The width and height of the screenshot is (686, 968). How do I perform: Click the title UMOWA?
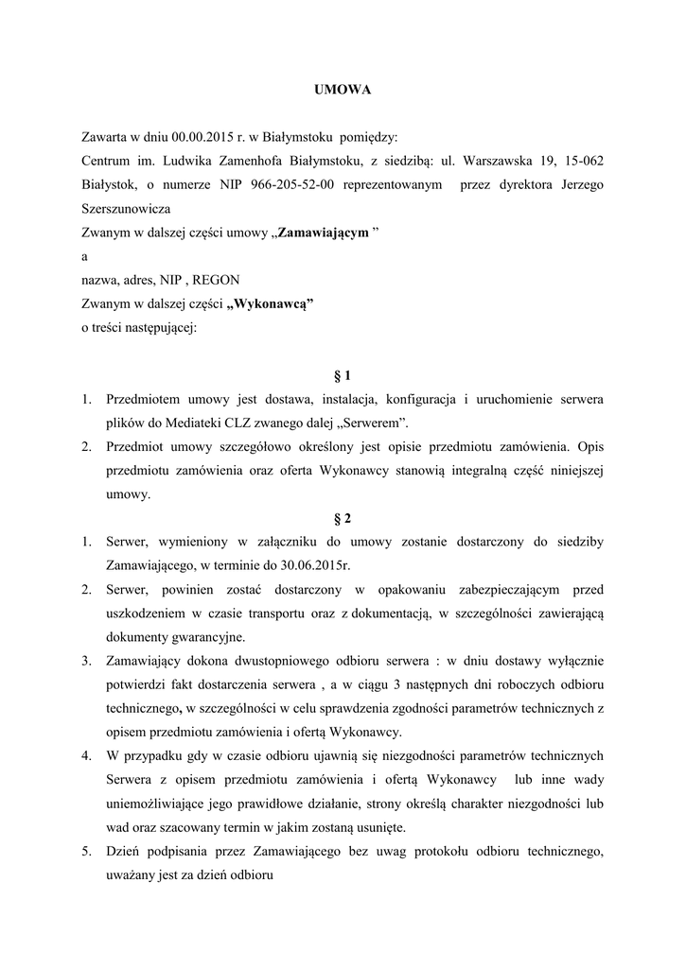(343, 90)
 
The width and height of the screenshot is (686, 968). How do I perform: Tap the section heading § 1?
(343, 375)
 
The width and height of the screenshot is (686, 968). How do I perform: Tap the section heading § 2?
(343, 517)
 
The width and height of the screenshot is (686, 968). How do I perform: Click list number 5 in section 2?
(85, 851)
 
